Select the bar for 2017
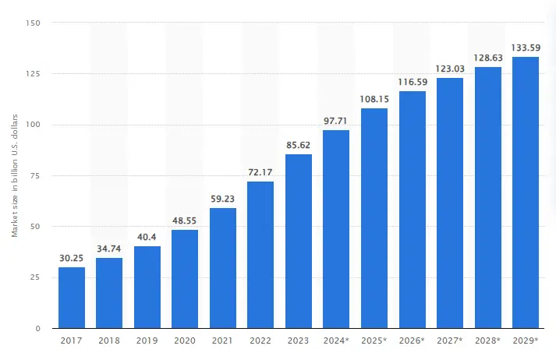71,298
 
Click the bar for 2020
185,279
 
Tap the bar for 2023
298,241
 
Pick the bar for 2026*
412,210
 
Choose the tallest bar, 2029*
525,192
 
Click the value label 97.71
336,122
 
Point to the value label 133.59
525,48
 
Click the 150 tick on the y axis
34,23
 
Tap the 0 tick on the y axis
38,329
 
